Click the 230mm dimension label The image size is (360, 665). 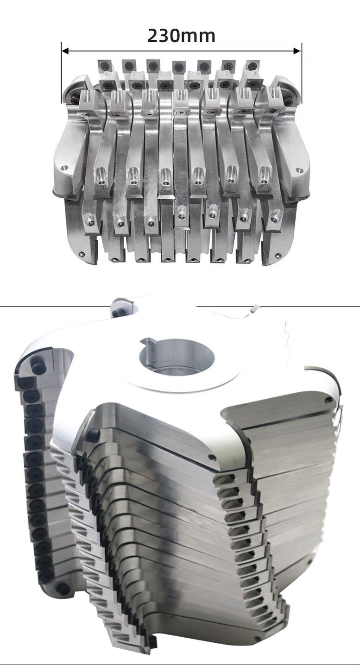[181, 36]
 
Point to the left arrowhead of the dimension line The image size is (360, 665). [65, 51]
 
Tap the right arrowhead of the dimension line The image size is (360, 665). [297, 51]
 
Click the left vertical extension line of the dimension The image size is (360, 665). [62, 73]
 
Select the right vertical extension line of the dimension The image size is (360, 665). [302, 73]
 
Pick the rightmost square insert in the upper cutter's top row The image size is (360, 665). [252, 66]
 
